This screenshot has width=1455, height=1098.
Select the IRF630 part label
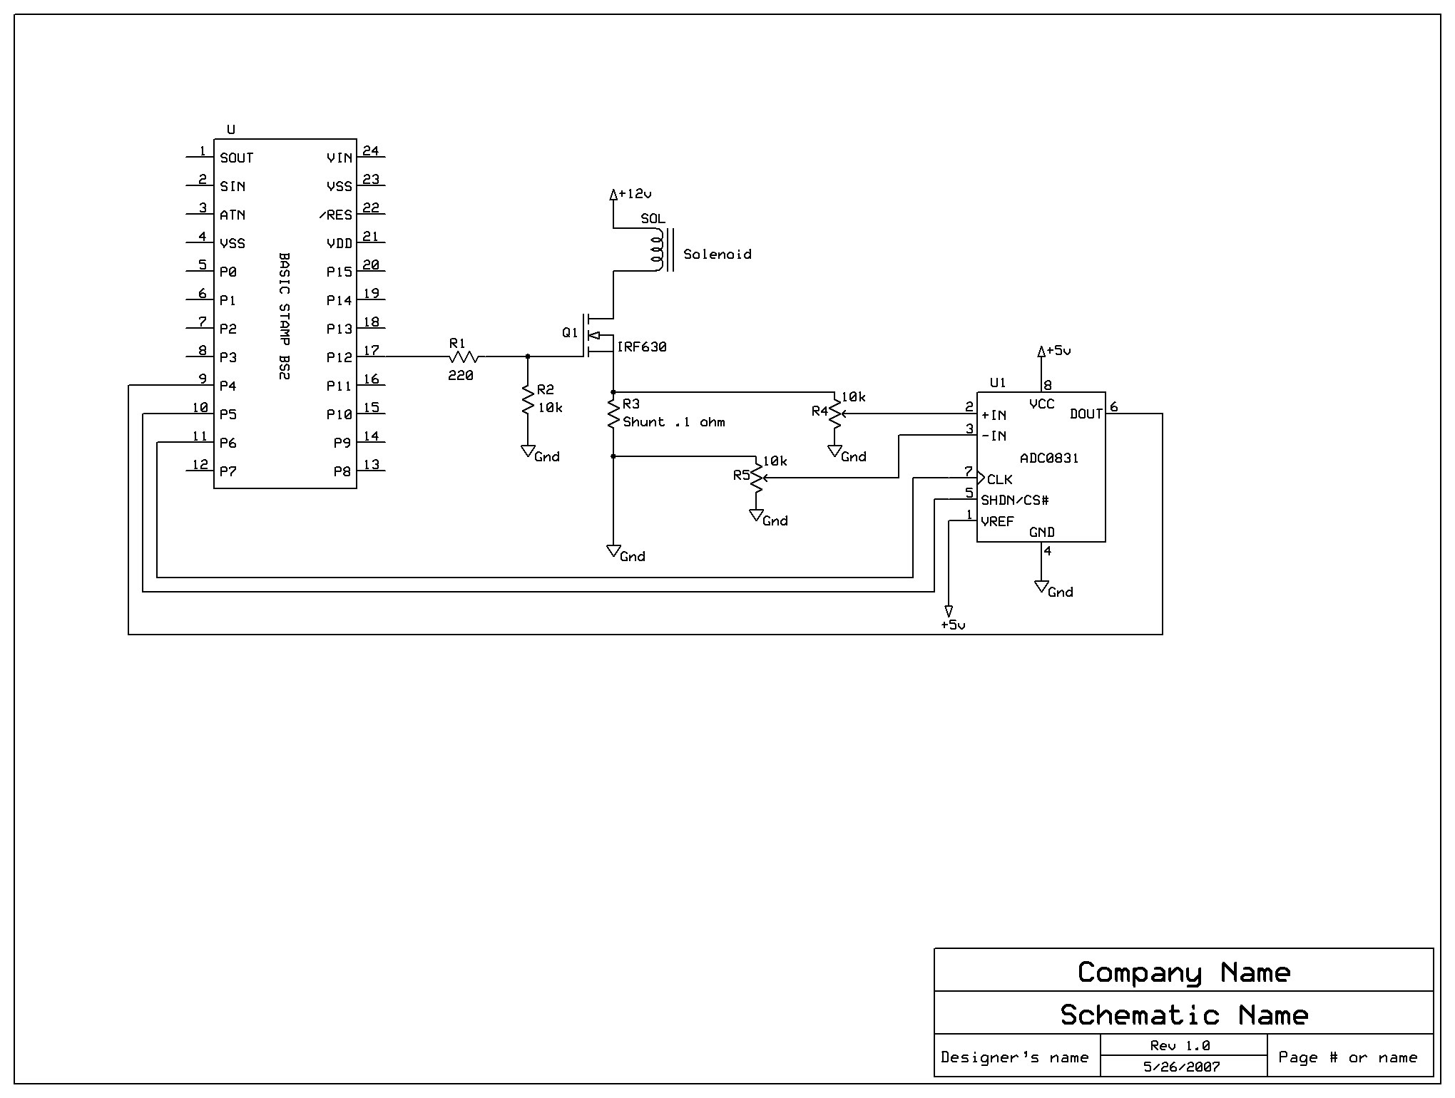(x=642, y=347)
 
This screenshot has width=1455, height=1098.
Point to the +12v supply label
(x=635, y=194)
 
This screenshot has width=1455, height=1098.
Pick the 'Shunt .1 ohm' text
(x=674, y=422)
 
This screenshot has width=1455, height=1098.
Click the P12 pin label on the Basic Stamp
(x=339, y=357)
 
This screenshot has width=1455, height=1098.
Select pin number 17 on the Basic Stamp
(x=371, y=350)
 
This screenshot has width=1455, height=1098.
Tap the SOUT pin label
(x=237, y=158)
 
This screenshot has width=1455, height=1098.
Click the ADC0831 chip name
(x=1049, y=458)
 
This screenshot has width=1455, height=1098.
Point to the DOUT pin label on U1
(x=1086, y=414)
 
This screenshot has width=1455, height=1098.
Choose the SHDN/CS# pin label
(x=1014, y=500)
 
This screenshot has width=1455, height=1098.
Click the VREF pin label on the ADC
(x=997, y=521)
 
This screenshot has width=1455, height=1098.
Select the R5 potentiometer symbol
(x=756, y=478)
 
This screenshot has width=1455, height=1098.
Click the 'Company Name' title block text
(x=1183, y=973)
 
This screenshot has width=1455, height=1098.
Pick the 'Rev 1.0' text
(x=1180, y=1045)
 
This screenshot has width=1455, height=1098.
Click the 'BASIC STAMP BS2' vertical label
(x=284, y=315)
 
